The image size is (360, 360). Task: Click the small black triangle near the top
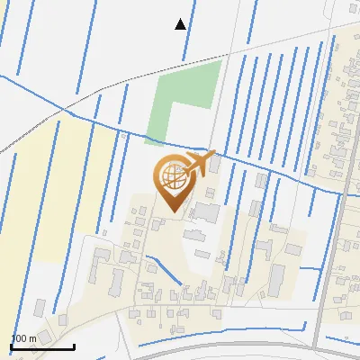pos(181,24)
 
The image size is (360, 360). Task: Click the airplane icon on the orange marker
pos(200,163)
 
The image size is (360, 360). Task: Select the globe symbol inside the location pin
pos(172,175)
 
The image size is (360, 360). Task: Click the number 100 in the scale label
pos(19,338)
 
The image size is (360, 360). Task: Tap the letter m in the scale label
pos(31,338)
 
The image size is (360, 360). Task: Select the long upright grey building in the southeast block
pos(275,280)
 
